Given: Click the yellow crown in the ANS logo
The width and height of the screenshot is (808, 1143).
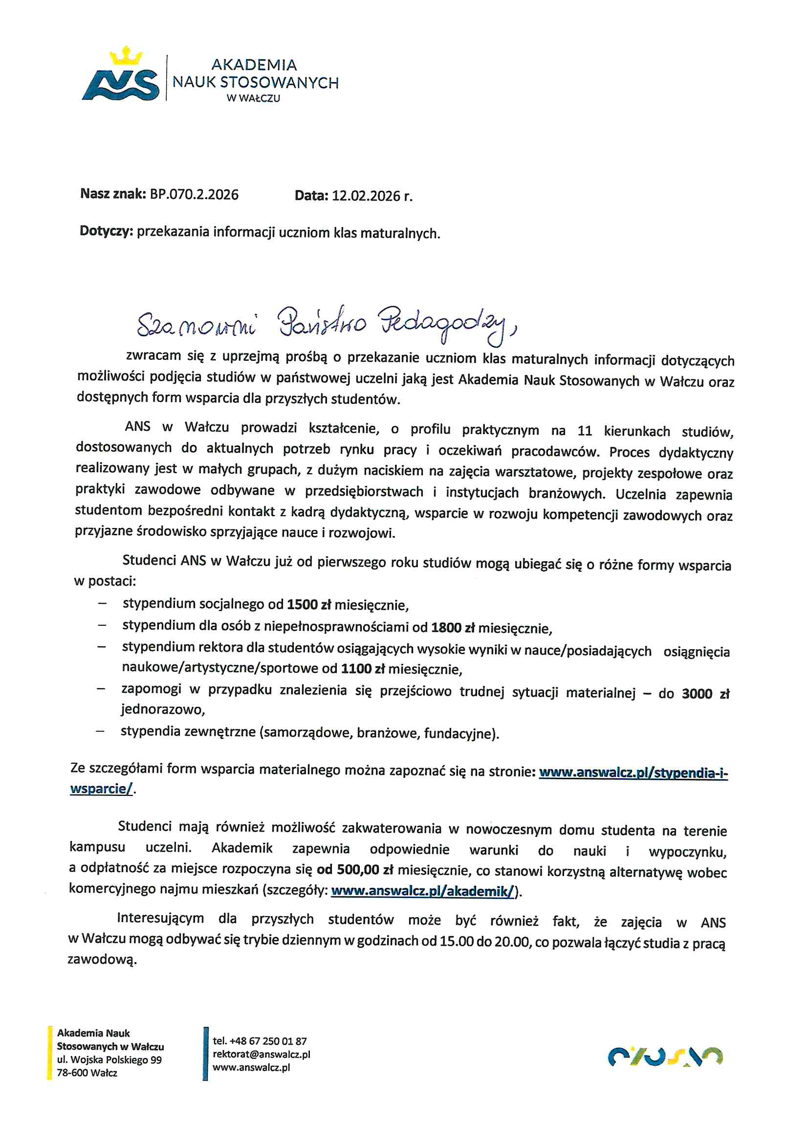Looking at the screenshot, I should coord(126,56).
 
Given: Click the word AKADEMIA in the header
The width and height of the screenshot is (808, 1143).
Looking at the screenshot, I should coord(254,65).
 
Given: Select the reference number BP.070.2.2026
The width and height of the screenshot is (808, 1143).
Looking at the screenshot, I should coord(194,194).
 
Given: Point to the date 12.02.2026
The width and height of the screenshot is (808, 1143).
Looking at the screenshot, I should coord(366,196).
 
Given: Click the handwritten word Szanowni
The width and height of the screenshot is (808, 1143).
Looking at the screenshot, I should coord(196,324).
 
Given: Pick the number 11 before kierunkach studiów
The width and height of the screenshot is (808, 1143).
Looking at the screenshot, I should coord(585,431).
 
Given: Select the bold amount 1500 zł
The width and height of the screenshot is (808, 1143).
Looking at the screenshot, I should coord(308,605).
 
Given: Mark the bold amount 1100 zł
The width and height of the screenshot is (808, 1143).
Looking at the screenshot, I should coord(363,669).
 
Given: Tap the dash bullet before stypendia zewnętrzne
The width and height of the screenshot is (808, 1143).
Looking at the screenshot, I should coord(101,731).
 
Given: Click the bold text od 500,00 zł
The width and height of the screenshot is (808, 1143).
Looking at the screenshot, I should coord(355,870).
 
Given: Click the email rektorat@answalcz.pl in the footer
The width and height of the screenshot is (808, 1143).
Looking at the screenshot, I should coord(262,1054).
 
